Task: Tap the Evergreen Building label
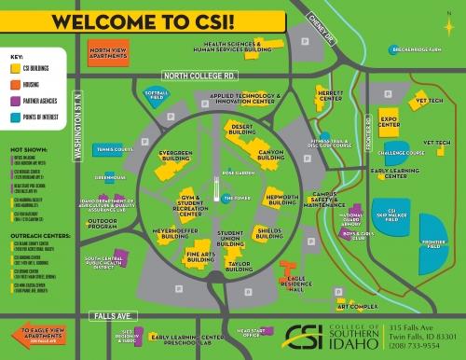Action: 175,155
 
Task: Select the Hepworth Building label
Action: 281,200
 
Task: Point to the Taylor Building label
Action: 240,267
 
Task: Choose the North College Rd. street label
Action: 198,74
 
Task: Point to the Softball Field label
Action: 155,94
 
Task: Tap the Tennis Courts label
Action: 116,148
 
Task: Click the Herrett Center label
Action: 331,96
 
